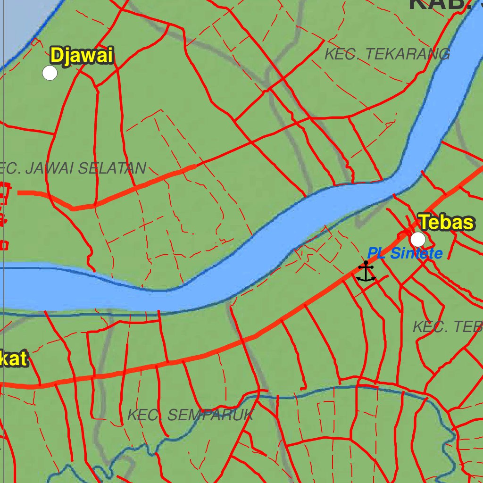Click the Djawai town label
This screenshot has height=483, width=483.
pos(82,56)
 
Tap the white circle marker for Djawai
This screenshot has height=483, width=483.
pos(50,73)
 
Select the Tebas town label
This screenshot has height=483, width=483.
pos(446,222)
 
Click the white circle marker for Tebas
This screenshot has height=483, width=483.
pos(418,240)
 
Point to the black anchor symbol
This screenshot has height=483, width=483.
pos(366,272)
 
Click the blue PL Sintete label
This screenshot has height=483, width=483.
pos(405,254)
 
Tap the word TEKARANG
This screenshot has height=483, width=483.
pos(405,54)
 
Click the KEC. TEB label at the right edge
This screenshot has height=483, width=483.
pos(447,326)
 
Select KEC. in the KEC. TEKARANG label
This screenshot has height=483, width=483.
pos(340,54)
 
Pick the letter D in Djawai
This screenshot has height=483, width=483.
pos(57,56)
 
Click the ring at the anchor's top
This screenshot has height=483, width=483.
pos(366,263)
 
